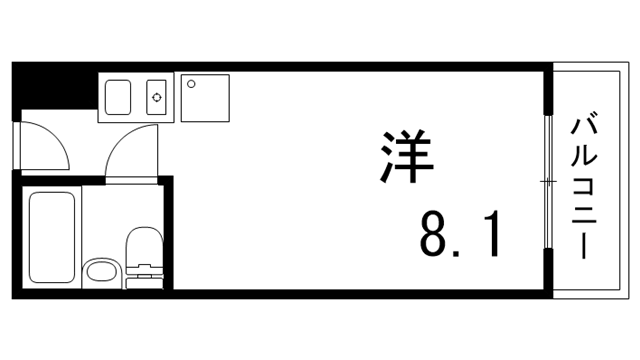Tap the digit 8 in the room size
pos(435,236)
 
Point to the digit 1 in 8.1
pos(489,236)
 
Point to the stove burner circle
pos(156,97)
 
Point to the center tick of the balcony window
pos(548,181)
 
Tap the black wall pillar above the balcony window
pos(548,87)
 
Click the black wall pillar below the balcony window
pos(548,272)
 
